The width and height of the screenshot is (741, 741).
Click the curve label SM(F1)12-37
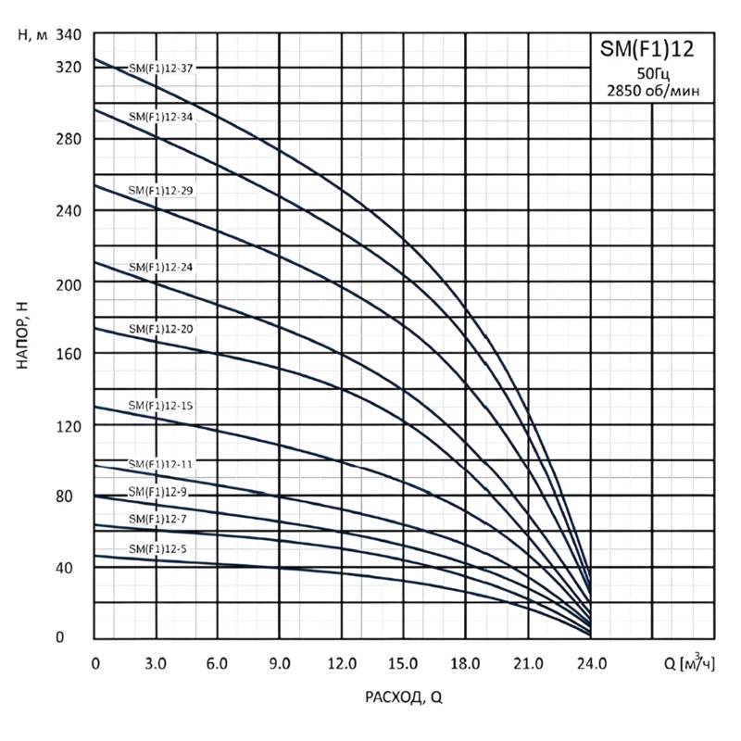coord(159,68)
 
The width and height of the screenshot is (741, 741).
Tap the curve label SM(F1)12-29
coord(159,190)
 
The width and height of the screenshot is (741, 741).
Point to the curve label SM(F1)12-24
coord(159,267)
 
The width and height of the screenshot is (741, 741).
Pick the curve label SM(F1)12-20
coord(159,329)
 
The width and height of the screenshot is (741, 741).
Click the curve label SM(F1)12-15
coord(159,407)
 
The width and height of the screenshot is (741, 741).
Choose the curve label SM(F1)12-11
coord(159,463)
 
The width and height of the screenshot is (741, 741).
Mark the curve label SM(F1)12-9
coord(157,491)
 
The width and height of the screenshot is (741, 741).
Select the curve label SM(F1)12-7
coord(157,519)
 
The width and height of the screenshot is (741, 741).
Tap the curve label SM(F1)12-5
coord(157,550)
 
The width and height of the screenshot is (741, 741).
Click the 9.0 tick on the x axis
coord(280,663)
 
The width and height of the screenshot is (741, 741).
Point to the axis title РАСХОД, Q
coord(403,698)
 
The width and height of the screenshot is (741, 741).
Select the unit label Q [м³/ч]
coord(689,662)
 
